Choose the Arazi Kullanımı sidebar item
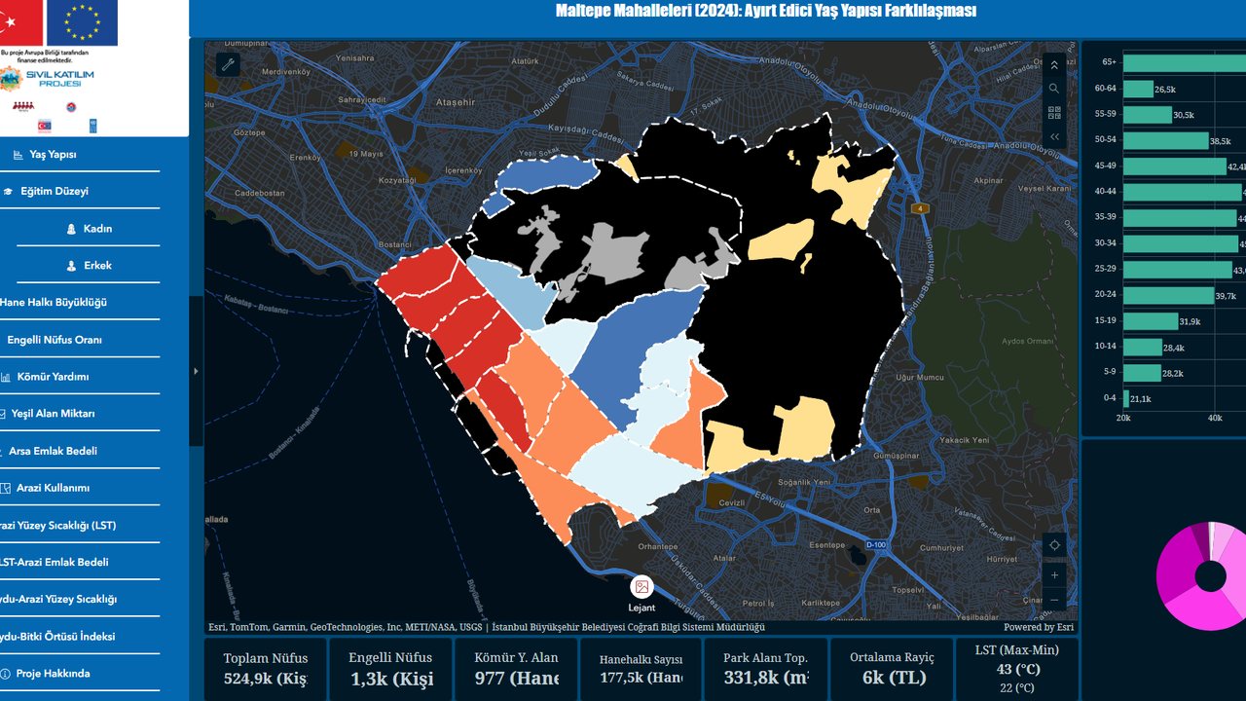pyautogui.click(x=54, y=488)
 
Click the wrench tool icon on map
pyautogui.click(x=228, y=65)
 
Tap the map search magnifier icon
pyautogui.click(x=1054, y=89)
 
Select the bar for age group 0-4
pyautogui.click(x=1126, y=398)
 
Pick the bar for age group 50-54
pyautogui.click(x=1165, y=141)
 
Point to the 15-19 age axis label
pyautogui.click(x=1105, y=320)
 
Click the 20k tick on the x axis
pyautogui.click(x=1123, y=418)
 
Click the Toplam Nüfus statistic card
pyautogui.click(x=266, y=669)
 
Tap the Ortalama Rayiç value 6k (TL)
pyautogui.click(x=892, y=679)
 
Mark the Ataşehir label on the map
pyautogui.click(x=456, y=102)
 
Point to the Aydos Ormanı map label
pyautogui.click(x=1028, y=342)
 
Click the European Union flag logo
pyautogui.click(x=82, y=23)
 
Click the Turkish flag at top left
pyautogui.click(x=21, y=23)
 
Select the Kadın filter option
pyautogui.click(x=97, y=229)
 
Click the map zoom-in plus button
pyautogui.click(x=1054, y=575)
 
